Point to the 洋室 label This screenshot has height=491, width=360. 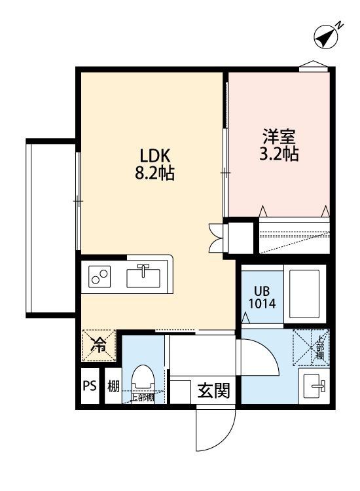(x=279, y=137)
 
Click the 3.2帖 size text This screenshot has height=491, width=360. (x=279, y=155)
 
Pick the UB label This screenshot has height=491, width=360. (x=262, y=290)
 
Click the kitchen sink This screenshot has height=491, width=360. (x=145, y=277)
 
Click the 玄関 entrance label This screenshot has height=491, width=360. (x=213, y=391)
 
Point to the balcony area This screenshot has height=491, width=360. (x=52, y=226)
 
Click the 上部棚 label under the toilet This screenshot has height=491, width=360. (x=142, y=397)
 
